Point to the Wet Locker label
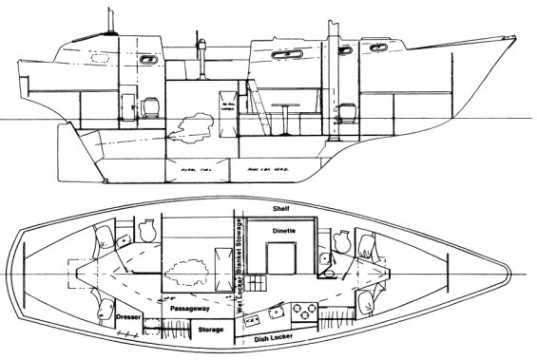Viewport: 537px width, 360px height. coord(228,297)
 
